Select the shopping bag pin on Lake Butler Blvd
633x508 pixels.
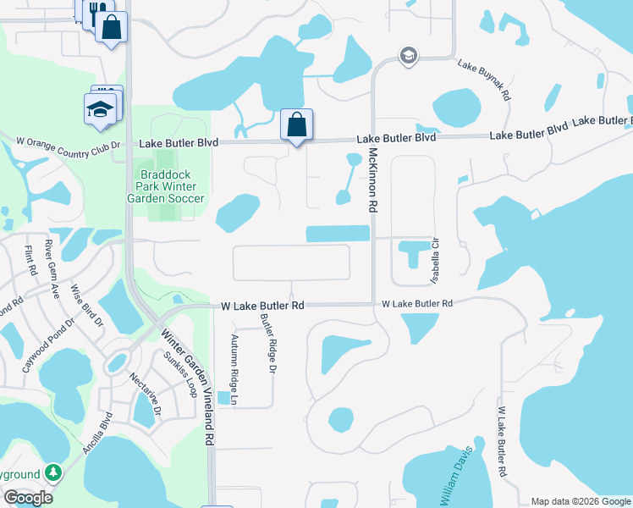(296, 125)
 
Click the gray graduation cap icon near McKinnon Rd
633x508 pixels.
(409, 56)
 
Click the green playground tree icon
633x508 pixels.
(52, 471)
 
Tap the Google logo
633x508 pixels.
(27, 498)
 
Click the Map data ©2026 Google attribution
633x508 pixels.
(581, 501)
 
